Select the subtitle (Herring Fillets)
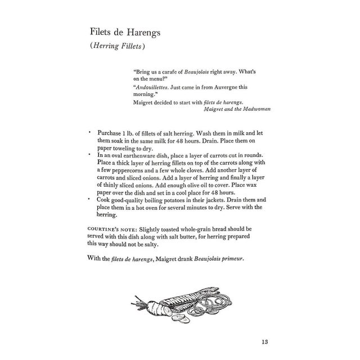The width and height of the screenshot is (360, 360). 118,48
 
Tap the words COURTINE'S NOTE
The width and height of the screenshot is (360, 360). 110,230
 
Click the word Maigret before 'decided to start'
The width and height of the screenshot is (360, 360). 145,102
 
